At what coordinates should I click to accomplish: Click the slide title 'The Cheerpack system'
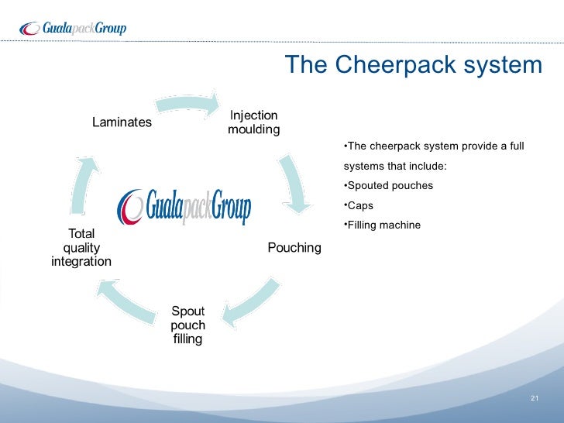413,65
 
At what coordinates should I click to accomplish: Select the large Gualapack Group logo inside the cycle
184,205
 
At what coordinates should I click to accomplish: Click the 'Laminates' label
122,122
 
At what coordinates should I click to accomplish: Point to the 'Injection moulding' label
253,122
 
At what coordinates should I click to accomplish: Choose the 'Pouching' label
294,248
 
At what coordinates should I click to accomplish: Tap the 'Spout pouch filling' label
187,325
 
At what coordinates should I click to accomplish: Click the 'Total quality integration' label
81,248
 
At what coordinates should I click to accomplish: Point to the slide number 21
534,398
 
